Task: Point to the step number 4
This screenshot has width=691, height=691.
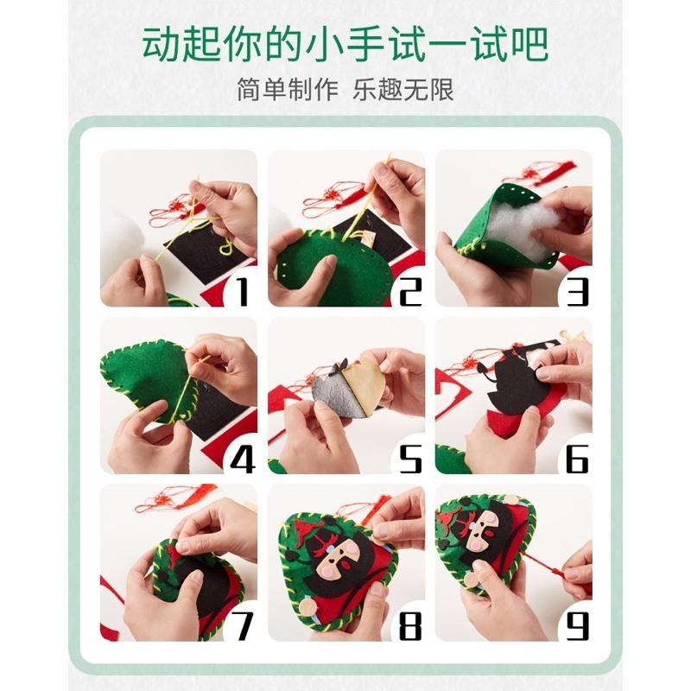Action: click(243, 459)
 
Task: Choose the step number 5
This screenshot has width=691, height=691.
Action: click(409, 459)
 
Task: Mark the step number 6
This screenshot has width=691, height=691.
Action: click(577, 459)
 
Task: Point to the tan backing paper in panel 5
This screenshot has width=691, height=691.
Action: click(363, 389)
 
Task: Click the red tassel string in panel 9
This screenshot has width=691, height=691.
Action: click(553, 566)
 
